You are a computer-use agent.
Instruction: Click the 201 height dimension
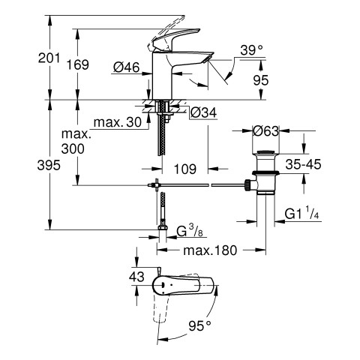(x=49, y=58)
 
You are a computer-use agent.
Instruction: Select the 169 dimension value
(x=78, y=64)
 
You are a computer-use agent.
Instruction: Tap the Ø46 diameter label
(x=126, y=67)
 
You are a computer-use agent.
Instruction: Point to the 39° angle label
(x=252, y=50)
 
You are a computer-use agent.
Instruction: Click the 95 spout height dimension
(x=261, y=80)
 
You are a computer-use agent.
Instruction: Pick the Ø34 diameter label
(x=203, y=113)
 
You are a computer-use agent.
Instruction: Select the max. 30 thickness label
(x=118, y=122)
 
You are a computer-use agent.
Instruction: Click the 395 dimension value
(x=49, y=165)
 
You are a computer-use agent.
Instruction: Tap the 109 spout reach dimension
(x=185, y=169)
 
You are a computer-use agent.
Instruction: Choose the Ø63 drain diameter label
(x=265, y=130)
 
